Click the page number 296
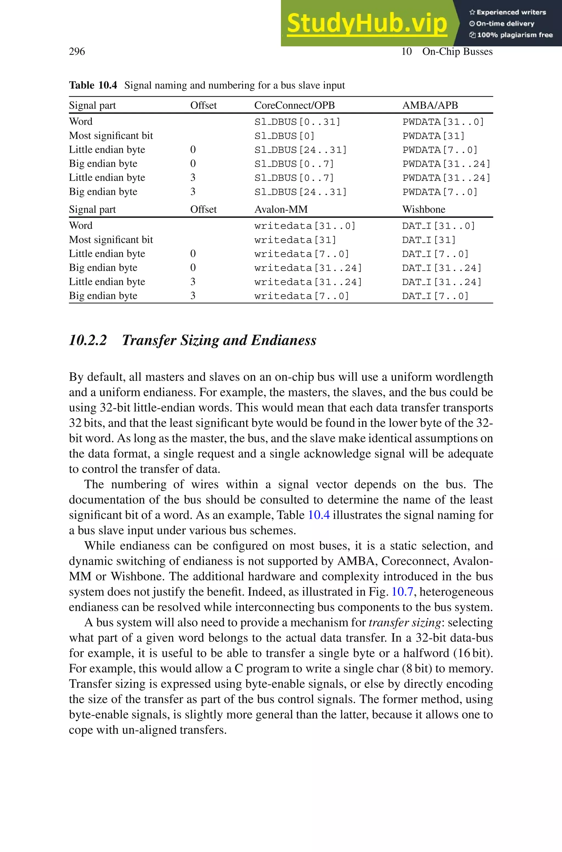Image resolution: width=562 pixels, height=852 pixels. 77,52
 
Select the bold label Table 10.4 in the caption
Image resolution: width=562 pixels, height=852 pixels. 93,85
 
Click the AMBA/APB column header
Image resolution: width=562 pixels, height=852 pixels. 430,105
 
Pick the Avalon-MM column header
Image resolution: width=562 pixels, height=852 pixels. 281,209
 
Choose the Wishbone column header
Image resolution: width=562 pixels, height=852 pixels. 423,209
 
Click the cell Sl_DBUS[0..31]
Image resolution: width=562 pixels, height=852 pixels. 297,122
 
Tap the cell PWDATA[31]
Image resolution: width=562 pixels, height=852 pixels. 433,136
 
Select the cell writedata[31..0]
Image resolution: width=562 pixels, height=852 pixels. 305,226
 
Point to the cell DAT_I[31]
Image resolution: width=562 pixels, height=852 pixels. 429,240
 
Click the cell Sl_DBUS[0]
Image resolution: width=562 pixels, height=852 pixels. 284,136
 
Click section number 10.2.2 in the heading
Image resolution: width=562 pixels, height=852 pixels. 88,340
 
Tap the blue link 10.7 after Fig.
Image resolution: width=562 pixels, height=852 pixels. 402,592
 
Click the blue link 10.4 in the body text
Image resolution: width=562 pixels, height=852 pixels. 319,515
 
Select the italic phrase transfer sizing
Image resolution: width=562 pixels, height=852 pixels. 405,622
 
